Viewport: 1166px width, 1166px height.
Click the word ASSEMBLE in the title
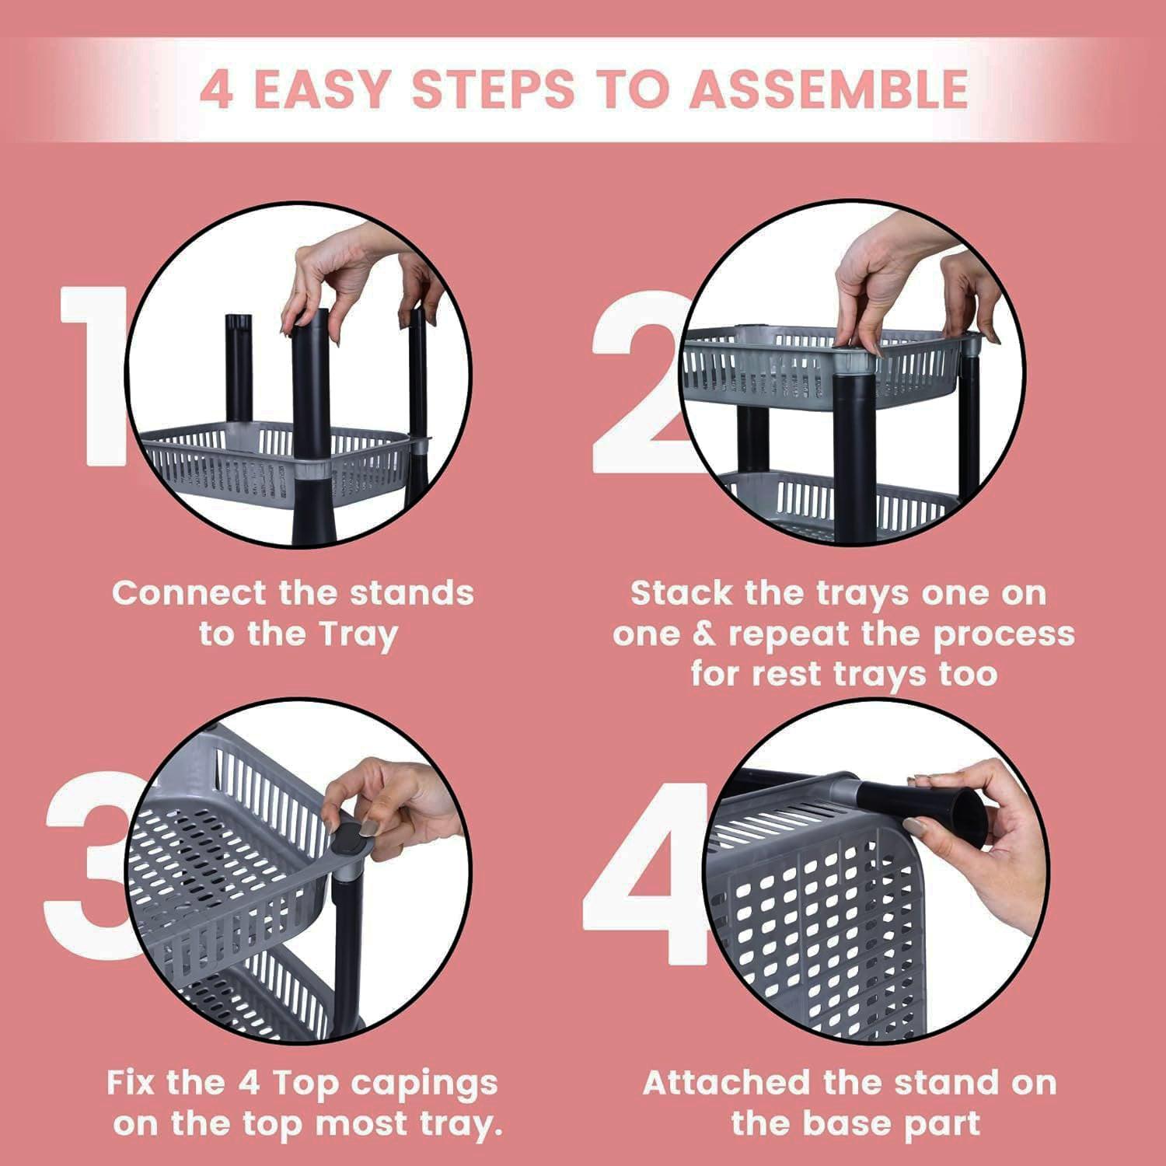pyautogui.click(x=829, y=89)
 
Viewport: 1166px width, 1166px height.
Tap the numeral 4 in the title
pyautogui.click(x=216, y=89)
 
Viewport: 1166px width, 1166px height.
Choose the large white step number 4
pyautogui.click(x=645, y=874)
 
